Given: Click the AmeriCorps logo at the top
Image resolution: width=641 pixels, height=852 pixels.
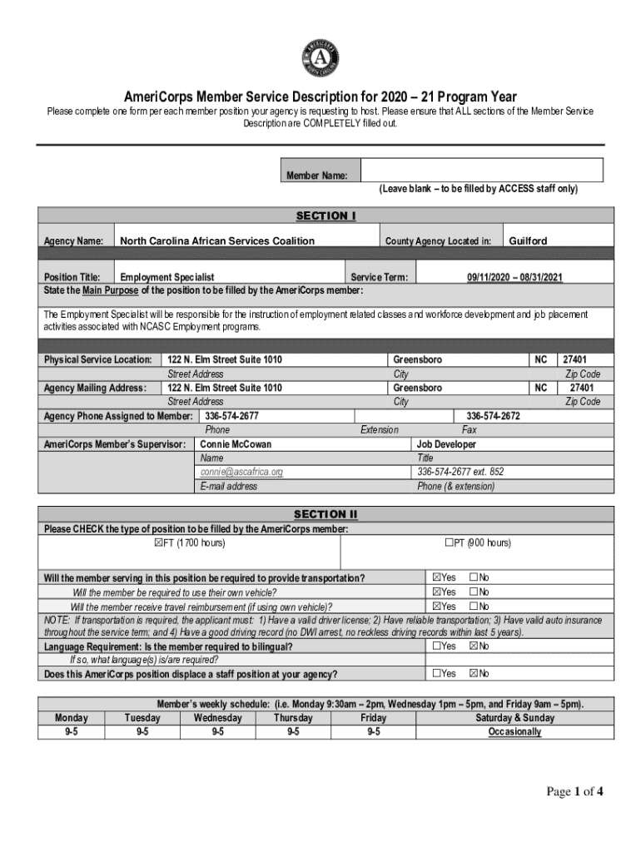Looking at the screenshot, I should [320, 57].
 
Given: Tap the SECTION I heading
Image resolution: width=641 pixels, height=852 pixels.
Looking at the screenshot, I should [326, 216].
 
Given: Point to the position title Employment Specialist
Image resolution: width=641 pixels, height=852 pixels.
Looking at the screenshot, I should [167, 277].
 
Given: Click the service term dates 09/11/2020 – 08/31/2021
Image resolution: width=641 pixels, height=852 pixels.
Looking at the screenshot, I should [514, 277].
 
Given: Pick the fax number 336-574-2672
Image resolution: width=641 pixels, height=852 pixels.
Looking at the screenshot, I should [493, 416].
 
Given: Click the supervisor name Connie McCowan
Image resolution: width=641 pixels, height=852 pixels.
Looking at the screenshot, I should [236, 444].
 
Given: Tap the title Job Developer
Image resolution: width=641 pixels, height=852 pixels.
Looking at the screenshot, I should [446, 444].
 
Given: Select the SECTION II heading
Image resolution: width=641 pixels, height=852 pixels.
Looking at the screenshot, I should [326, 514].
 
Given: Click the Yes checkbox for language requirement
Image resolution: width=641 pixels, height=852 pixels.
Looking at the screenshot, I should [436, 646].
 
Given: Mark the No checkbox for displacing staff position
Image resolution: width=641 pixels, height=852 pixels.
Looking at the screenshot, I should [474, 673].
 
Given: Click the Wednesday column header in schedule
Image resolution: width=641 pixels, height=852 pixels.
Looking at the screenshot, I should [217, 718].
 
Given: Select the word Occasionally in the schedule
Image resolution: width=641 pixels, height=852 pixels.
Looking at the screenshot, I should [514, 732].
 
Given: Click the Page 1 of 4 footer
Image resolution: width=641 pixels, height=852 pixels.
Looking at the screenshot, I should [574, 792].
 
